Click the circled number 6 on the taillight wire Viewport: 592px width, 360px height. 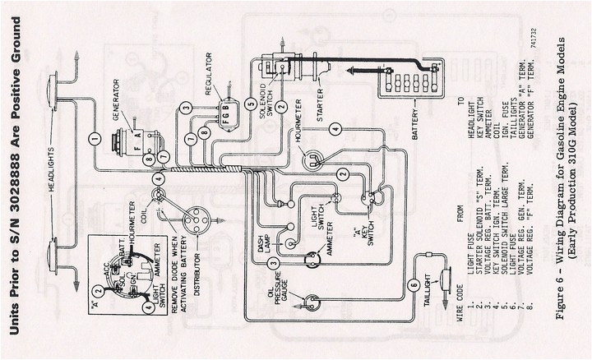414,284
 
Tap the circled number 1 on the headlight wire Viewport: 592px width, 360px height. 95,140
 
